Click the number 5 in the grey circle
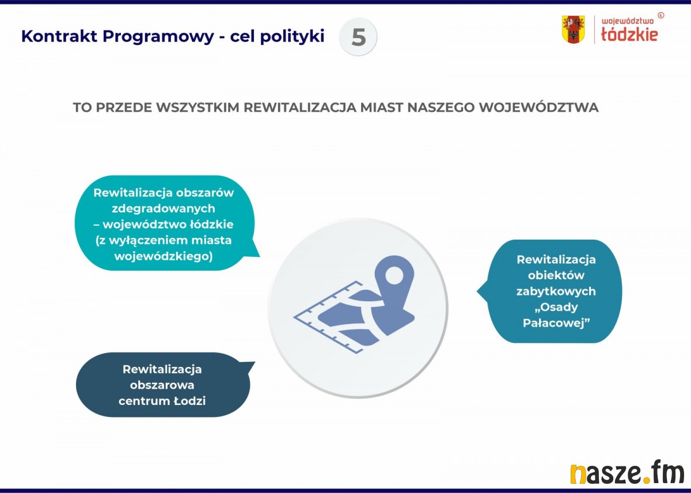(x=358, y=37)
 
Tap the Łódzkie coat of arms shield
(x=573, y=29)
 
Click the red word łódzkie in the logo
(x=629, y=34)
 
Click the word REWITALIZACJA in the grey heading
(x=300, y=107)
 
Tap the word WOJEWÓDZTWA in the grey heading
(x=538, y=107)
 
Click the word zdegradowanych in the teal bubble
(x=164, y=208)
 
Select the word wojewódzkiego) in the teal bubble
(x=164, y=256)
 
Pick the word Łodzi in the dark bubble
(x=189, y=401)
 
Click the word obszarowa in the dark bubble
(x=162, y=385)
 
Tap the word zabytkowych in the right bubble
(x=556, y=291)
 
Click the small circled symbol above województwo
(x=660, y=15)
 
